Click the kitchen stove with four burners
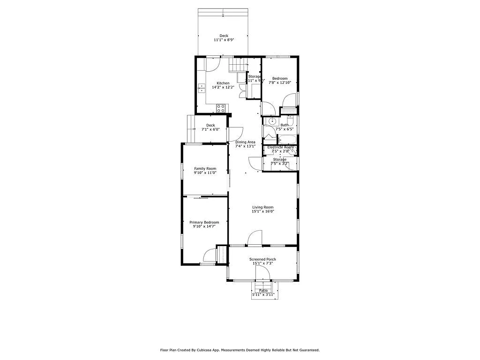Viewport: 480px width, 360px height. [x=221, y=109]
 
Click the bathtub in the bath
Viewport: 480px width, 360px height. [x=286, y=139]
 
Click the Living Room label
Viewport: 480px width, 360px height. [x=262, y=207]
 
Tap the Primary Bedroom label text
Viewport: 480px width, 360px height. [x=204, y=222]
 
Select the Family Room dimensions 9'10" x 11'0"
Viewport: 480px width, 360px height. [x=205, y=173]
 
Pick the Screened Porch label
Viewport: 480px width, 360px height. [x=262, y=259]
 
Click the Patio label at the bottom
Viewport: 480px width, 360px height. [x=263, y=291]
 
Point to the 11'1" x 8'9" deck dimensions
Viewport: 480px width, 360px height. [x=224, y=40]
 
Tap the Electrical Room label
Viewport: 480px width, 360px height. [x=280, y=147]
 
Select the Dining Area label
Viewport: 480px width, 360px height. [x=245, y=142]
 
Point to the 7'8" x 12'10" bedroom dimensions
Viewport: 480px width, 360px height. [x=280, y=82]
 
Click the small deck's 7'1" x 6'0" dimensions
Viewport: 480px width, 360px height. [x=210, y=129]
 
